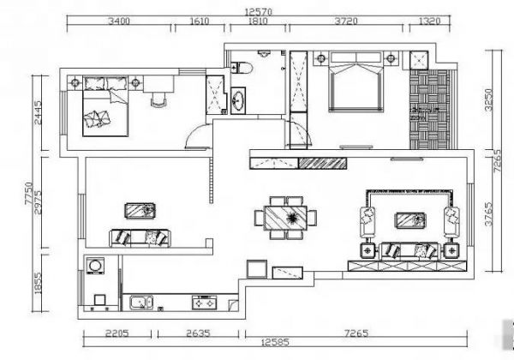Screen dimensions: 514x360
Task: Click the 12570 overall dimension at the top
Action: [259, 12]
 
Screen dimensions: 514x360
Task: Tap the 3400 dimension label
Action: [119, 21]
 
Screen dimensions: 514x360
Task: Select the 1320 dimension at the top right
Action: [429, 21]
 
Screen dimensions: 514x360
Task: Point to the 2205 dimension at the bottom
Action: [117, 333]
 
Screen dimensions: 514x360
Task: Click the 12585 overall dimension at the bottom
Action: [275, 343]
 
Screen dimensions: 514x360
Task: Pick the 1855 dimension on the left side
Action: [38, 283]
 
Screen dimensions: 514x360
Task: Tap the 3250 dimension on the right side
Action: [488, 99]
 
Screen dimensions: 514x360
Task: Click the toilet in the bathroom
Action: [242, 69]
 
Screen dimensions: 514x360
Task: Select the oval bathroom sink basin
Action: [238, 100]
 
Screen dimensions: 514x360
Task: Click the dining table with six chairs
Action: [285, 218]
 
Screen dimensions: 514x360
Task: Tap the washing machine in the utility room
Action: [95, 265]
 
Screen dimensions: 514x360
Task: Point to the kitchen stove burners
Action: [205, 303]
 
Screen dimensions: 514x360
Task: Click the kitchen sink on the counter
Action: [141, 303]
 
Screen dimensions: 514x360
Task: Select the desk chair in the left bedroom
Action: [159, 99]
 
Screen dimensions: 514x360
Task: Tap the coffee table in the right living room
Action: [411, 220]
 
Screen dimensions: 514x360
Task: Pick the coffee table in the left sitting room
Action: [140, 211]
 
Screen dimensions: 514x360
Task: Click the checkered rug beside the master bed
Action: [429, 110]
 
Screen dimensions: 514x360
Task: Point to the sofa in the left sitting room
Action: [140, 238]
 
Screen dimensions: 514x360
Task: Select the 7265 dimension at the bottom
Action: [356, 333]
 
